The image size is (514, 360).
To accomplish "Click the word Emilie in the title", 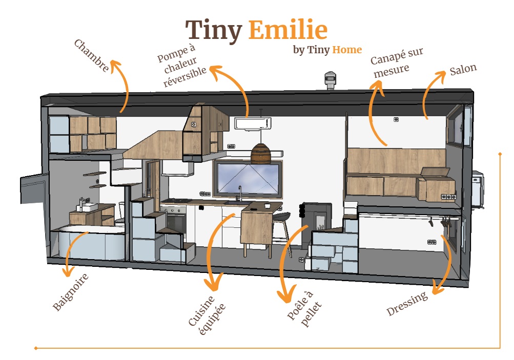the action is click(288, 30).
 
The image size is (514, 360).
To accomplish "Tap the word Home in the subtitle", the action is click(347, 50).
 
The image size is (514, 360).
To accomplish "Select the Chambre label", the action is click(91, 55).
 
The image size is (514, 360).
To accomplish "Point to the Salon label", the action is click(463, 69).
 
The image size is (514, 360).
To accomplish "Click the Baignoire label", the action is click(71, 291).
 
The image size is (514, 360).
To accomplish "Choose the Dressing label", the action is click(407, 303).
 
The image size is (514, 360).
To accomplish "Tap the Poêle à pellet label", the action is click(304, 308).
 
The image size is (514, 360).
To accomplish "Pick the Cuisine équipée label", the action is click(207, 315).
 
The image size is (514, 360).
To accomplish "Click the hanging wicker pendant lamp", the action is click(261, 153).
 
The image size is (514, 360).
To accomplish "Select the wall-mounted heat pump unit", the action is click(253, 123).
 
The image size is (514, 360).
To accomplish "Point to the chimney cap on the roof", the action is click(330, 80).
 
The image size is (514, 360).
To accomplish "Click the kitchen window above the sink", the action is click(248, 179).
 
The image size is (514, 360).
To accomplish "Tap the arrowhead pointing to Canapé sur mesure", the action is click(378, 87).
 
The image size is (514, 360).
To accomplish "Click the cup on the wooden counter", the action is click(267, 205).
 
